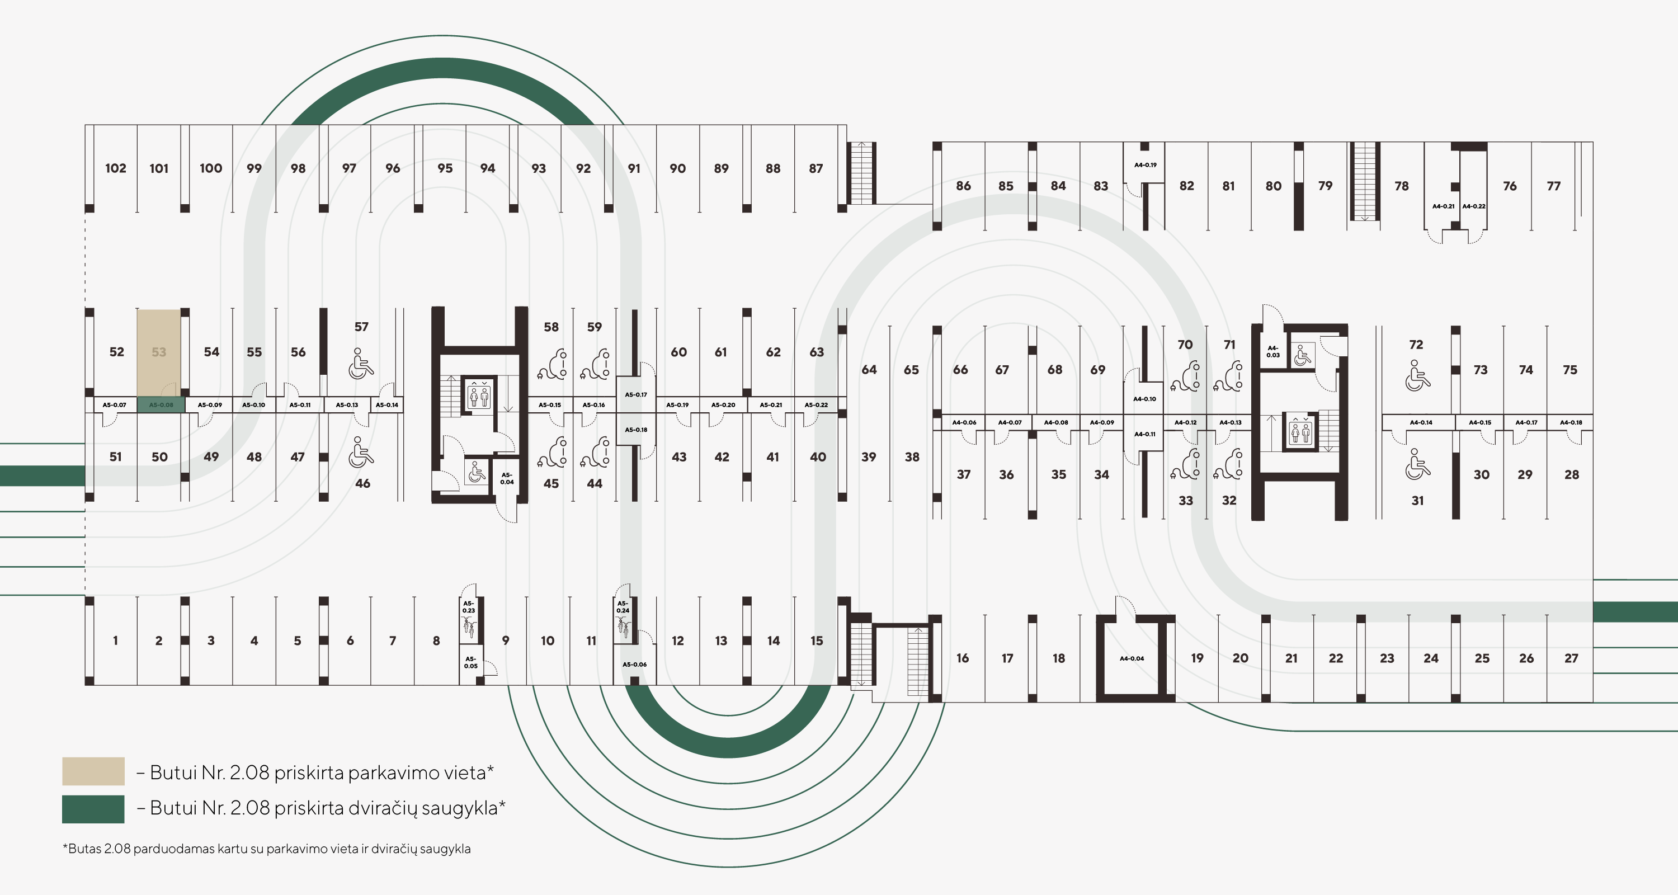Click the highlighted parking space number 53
click(159, 352)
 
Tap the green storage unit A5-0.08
click(162, 405)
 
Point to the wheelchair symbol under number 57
click(361, 364)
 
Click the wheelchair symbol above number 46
click(361, 452)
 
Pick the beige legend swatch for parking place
click(93, 771)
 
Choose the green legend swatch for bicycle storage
click(93, 809)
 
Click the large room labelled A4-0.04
click(1132, 658)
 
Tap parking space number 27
click(1571, 658)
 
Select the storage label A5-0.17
click(636, 395)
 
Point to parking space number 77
click(1554, 186)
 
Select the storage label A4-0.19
click(1145, 165)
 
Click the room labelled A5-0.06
click(634, 665)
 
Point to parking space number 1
click(115, 641)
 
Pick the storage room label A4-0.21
click(1444, 206)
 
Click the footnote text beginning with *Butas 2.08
click(266, 849)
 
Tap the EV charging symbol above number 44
click(595, 452)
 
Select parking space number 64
click(869, 370)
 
